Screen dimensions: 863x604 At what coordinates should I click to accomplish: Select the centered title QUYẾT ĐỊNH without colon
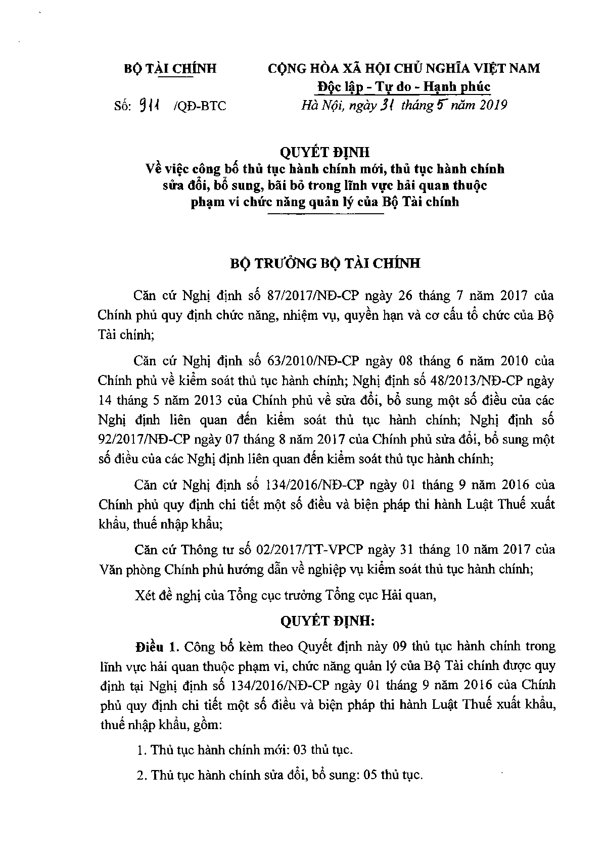coord(326,152)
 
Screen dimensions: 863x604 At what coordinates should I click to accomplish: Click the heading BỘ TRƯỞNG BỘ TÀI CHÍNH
coord(325,264)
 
